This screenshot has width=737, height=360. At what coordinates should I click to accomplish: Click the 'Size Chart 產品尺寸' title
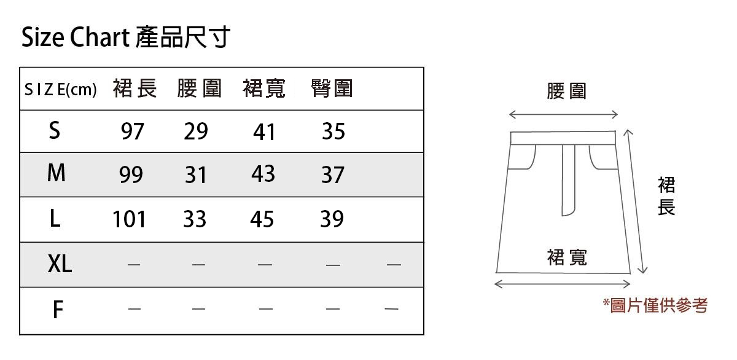click(x=126, y=37)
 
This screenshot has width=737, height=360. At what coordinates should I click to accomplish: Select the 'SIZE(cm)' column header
click(x=60, y=90)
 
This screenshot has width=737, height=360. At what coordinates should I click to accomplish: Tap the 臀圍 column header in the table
click(x=332, y=89)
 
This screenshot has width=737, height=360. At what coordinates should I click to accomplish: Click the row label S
click(x=55, y=130)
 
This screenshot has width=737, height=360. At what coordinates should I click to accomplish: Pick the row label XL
click(x=60, y=264)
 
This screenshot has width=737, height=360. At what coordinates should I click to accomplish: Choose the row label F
click(x=57, y=310)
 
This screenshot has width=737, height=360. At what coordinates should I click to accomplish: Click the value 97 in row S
click(x=132, y=131)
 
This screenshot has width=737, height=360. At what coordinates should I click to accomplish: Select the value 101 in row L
click(x=129, y=219)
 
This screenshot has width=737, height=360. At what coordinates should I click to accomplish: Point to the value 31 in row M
click(x=196, y=176)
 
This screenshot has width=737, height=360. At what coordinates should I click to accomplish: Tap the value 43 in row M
click(x=263, y=174)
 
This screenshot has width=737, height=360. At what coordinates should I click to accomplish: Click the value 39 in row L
click(x=332, y=219)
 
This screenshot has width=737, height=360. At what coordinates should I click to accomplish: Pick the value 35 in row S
click(x=333, y=131)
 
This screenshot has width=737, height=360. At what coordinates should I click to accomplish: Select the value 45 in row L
click(x=262, y=219)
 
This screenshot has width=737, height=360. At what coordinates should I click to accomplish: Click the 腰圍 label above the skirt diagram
click(x=566, y=92)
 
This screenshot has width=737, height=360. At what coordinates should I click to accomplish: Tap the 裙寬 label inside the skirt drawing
click(x=567, y=257)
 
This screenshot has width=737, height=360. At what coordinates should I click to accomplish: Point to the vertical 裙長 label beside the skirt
click(x=666, y=197)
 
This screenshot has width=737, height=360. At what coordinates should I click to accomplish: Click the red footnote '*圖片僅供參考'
click(x=655, y=305)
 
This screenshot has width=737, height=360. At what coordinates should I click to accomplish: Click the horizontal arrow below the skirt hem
click(x=563, y=284)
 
